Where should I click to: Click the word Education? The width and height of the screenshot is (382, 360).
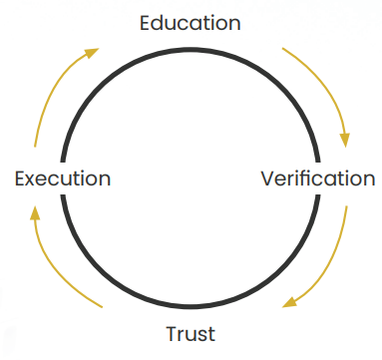pos(191,21)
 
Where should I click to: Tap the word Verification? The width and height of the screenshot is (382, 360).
pos(317,180)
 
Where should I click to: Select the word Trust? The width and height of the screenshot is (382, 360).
pos(190,333)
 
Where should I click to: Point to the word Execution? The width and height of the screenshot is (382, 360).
pos(63,180)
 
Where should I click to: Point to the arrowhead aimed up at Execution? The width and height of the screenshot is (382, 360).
pos(35,210)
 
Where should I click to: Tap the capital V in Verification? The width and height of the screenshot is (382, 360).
pos(267,180)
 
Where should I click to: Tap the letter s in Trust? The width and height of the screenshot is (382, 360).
pos(202,334)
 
